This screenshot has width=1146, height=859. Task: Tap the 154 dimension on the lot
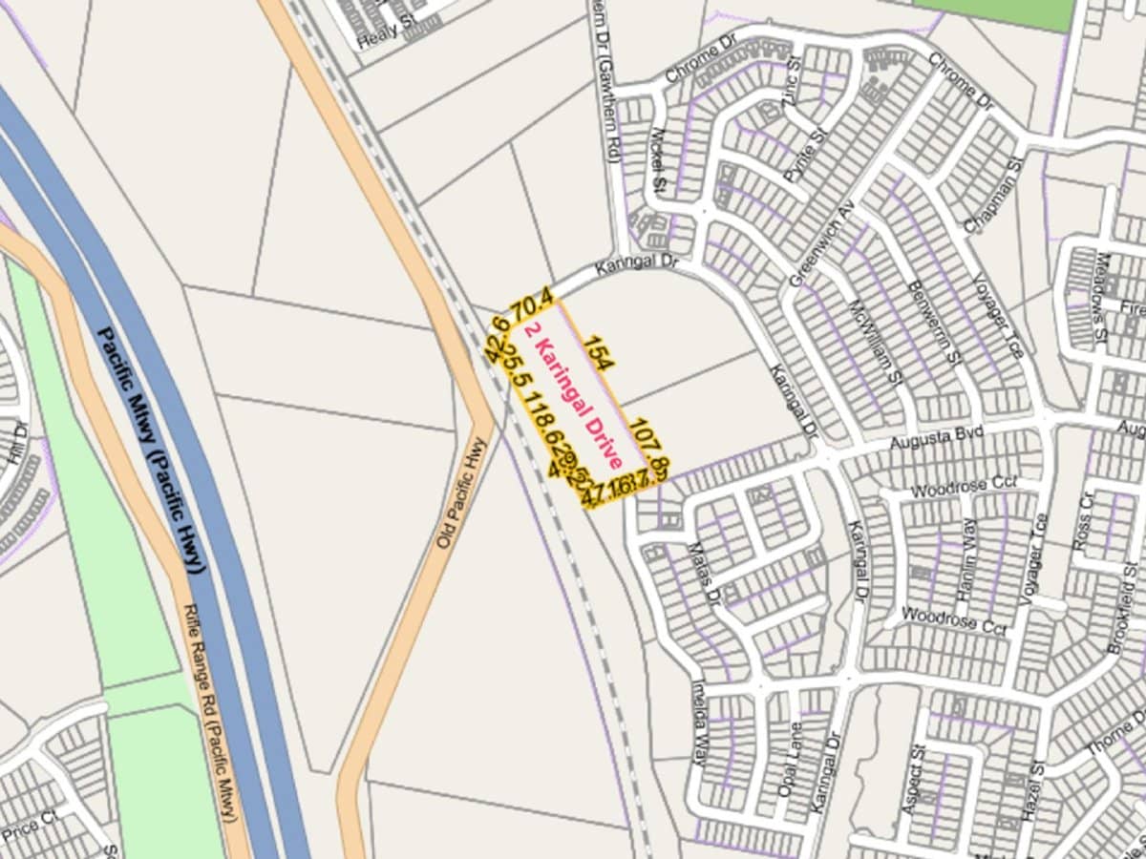click(599, 352)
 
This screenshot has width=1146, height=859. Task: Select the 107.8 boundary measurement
click(649, 445)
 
